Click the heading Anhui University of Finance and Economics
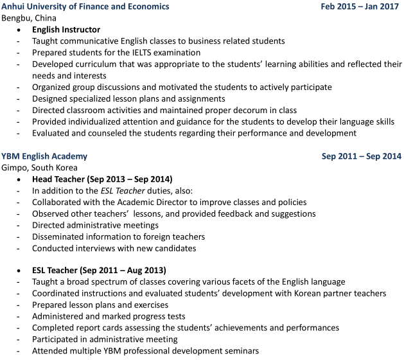coord(85,6)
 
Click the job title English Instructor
coord(66,30)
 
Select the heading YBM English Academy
coord(44,156)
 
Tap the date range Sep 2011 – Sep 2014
coord(361,156)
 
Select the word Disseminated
coord(60,237)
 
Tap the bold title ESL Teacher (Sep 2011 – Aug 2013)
coord(99,270)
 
